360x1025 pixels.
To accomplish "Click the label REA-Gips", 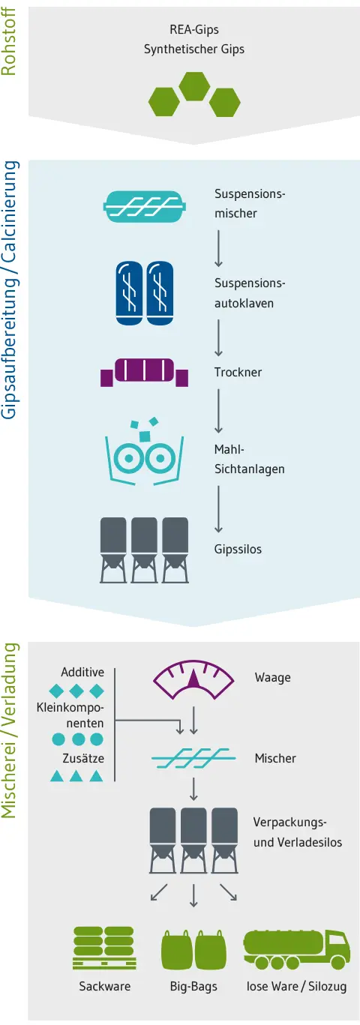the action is pos(194,30).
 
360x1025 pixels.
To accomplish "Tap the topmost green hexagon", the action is pos(194,86).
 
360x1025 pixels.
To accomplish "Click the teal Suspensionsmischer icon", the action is pos(145,206).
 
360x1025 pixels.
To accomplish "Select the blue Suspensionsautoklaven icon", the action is pos(145,293).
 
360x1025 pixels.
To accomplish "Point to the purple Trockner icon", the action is pos(145,372).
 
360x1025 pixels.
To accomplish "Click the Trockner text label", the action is pos(238,372).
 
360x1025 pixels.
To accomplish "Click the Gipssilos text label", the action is pos(238,549).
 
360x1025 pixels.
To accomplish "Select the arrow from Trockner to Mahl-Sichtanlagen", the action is pos(219,410).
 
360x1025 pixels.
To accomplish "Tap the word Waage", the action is pos(273,677).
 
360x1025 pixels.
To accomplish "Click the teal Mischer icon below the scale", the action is pos(193,758).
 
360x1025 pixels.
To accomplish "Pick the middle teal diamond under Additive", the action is pos(76,691).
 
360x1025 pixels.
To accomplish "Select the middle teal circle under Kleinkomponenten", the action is pos(79,739).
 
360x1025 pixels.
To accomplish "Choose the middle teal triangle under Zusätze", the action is pos(76,775).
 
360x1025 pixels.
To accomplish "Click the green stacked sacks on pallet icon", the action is pos(104,948).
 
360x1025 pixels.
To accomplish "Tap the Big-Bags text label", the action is pos(193,986).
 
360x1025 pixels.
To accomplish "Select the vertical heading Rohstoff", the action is pos(8,42).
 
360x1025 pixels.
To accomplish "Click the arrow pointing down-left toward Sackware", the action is pos(159,892).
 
